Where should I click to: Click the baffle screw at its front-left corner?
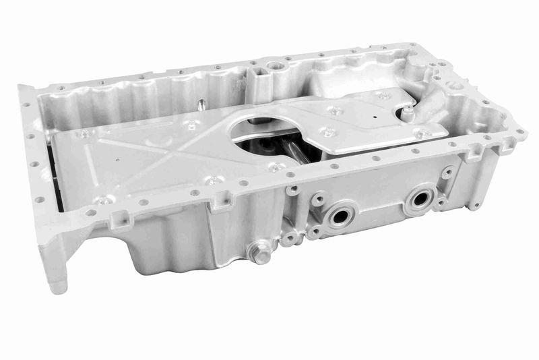click(x=101, y=200)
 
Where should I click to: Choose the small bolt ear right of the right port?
click(x=447, y=173)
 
